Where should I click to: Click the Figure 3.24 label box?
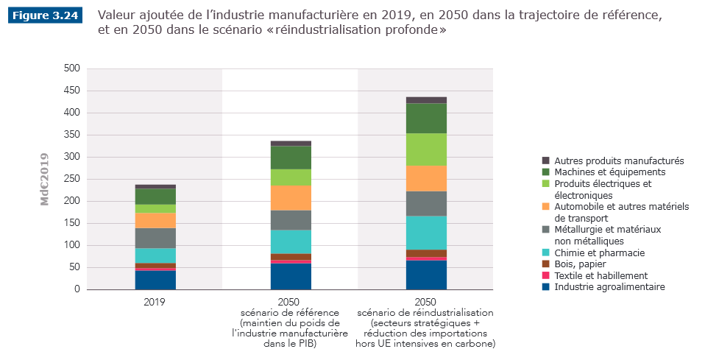click(45, 16)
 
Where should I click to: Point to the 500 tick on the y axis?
click(71, 68)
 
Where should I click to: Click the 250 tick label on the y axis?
click(71, 179)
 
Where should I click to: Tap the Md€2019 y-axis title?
click(45, 179)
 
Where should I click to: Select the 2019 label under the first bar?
click(155, 302)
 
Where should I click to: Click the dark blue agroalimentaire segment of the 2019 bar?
click(155, 280)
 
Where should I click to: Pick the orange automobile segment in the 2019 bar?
click(155, 220)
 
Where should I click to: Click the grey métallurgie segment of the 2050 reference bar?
click(291, 220)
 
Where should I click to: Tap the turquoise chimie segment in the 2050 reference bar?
click(291, 241)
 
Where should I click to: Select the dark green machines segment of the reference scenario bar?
click(291, 158)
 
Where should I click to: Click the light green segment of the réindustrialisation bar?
click(426, 149)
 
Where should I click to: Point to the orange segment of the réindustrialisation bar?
click(426, 178)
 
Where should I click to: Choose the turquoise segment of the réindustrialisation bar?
click(426, 232)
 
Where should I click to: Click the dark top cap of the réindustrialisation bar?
click(426, 100)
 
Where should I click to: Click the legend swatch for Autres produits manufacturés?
click(546, 160)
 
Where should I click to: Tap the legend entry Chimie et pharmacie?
click(599, 253)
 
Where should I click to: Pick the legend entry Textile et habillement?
click(601, 275)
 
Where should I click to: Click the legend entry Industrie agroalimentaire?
click(609, 287)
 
